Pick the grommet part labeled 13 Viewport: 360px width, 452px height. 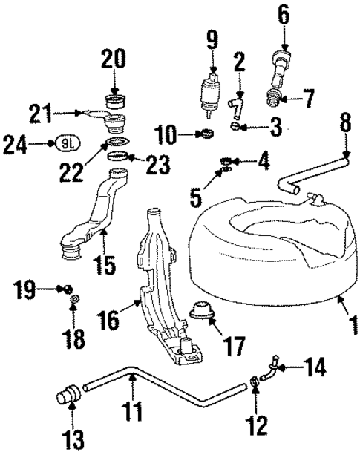tap(68, 395)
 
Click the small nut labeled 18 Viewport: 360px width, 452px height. tap(75, 300)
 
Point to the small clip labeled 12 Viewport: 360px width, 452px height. tap(255, 381)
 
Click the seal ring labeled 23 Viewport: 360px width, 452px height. tap(120, 157)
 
